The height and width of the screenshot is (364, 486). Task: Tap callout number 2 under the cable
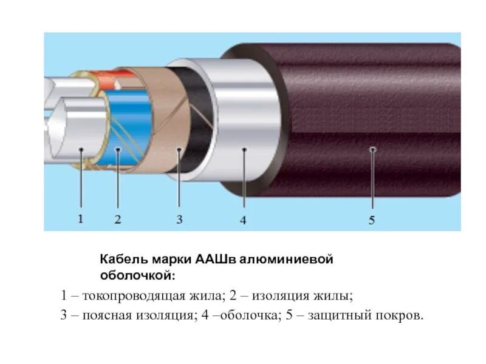coord(118,219)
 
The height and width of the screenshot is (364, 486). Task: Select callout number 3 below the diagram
coord(179,219)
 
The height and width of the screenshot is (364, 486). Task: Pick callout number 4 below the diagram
coord(243,220)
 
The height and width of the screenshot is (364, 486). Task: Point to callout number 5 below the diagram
coord(372,220)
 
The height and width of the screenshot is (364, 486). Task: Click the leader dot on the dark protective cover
coord(372,149)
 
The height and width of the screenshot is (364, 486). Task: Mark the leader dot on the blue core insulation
coord(118,149)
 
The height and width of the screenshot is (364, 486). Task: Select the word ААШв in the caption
coord(217,260)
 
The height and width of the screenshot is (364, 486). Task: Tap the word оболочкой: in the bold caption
coord(137,275)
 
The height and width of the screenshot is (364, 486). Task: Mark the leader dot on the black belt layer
coord(179,149)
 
